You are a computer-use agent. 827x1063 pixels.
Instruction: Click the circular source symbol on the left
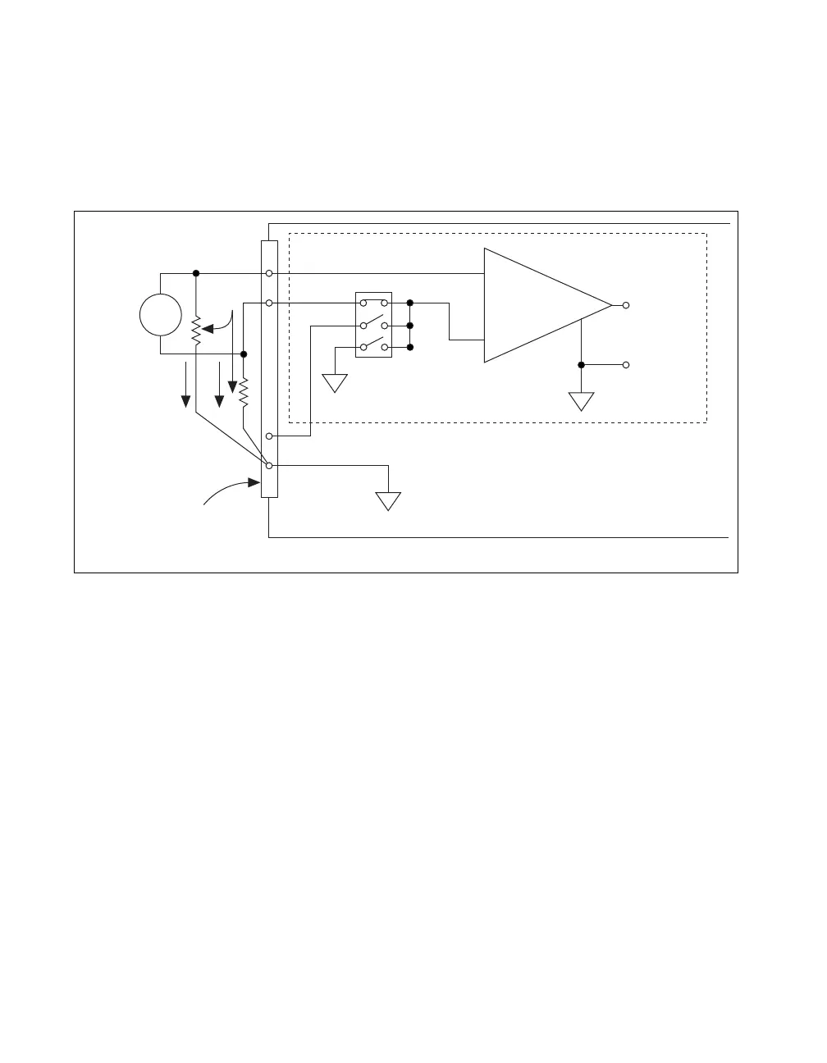[x=160, y=315]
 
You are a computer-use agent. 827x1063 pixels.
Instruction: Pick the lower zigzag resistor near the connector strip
[x=244, y=394]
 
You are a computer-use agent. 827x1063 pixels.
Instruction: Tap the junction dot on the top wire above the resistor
[x=195, y=273]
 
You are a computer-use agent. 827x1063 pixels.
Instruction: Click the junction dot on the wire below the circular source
[x=244, y=354]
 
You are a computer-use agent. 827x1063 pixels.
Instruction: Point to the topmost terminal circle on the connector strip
[x=269, y=273]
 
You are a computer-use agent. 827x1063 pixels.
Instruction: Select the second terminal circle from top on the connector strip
[x=269, y=303]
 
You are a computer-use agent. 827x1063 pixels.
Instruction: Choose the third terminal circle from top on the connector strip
[x=269, y=436]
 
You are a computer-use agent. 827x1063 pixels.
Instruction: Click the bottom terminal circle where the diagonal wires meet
[x=269, y=466]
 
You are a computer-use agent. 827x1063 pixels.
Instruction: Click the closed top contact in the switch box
[x=373, y=303]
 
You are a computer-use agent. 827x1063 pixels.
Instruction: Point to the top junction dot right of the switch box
[x=409, y=303]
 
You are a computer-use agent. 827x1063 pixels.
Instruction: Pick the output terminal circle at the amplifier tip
[x=626, y=305]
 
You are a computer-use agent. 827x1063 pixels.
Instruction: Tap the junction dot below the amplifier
[x=581, y=364]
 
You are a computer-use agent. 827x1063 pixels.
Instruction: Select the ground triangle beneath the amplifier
[x=581, y=401]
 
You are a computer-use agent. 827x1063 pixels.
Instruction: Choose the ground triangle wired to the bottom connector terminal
[x=388, y=500]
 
